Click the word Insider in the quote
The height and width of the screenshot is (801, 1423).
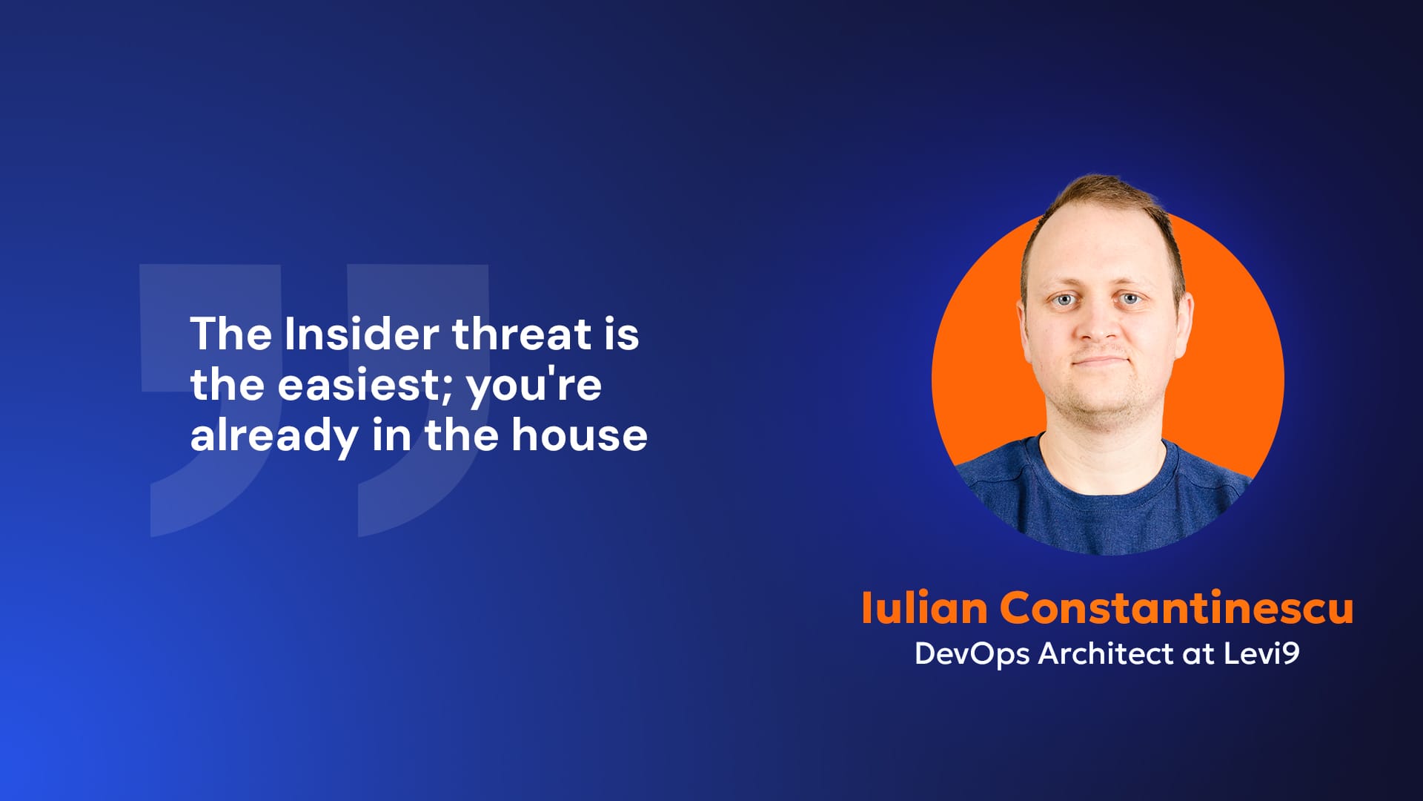(x=362, y=334)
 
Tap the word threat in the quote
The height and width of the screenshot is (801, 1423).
(x=522, y=334)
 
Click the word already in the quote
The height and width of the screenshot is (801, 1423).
(x=274, y=436)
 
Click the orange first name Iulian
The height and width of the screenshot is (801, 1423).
(x=924, y=608)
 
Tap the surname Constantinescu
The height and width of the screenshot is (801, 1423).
(x=1177, y=608)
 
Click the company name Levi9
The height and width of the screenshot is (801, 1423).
(x=1261, y=653)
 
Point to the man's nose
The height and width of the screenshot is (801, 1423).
(x=1099, y=324)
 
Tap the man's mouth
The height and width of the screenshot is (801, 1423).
(x=1101, y=361)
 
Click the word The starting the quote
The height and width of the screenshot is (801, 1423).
(x=230, y=334)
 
